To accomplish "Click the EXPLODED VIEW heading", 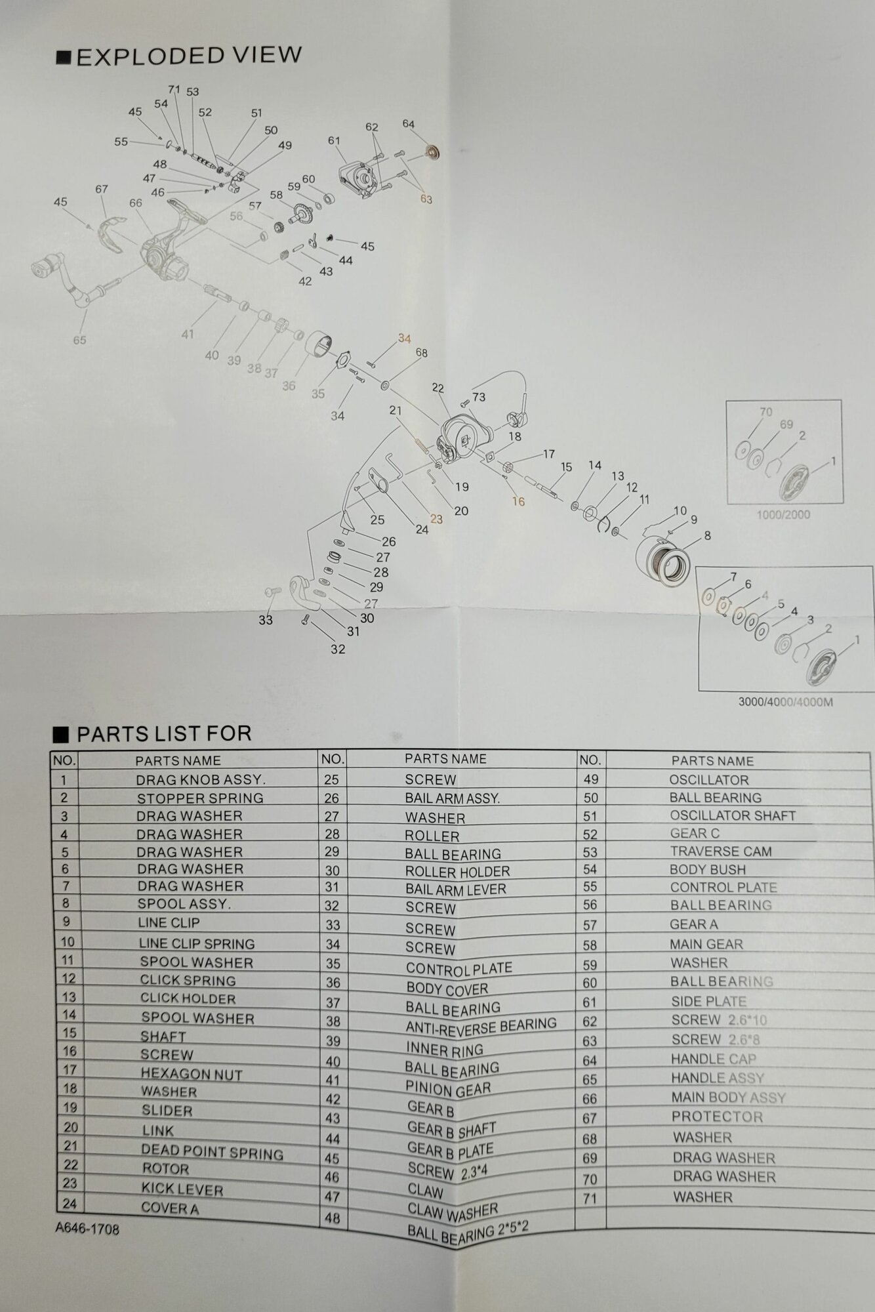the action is click(x=189, y=56).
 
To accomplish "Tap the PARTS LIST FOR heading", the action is click(x=164, y=733).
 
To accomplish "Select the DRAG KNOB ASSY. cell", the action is click(x=200, y=780).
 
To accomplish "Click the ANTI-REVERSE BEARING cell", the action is click(x=480, y=1025).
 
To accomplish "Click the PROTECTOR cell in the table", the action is click(x=716, y=1117).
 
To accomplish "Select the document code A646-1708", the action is click(x=87, y=1229).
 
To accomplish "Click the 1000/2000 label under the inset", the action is click(x=783, y=514).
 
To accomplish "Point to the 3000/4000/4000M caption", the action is click(x=785, y=702).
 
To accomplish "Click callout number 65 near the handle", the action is click(x=79, y=340).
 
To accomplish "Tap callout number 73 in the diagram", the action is click(x=478, y=397).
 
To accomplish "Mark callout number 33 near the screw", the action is click(x=265, y=620).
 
